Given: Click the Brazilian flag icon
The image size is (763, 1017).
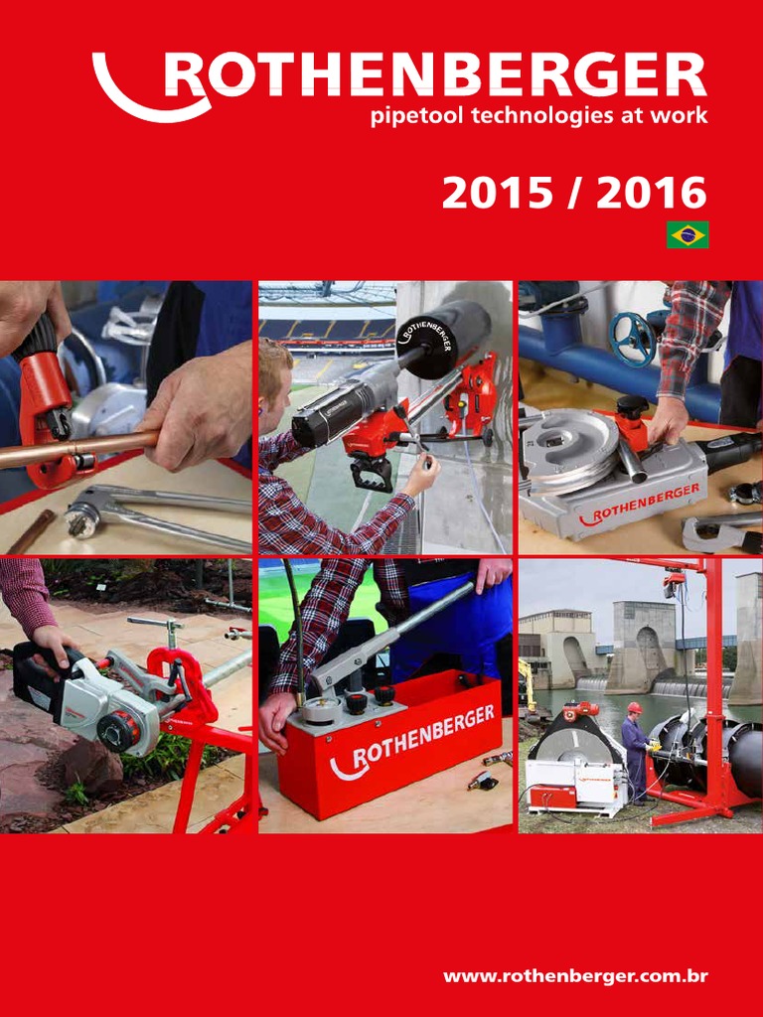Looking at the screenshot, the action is coord(687,234).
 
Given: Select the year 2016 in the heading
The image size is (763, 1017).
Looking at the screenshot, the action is coord(652,194).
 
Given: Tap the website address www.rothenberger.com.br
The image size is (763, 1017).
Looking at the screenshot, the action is coord(575,976).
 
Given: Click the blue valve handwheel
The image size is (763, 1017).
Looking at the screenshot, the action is coord(633,338).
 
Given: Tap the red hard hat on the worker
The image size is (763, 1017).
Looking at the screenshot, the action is coord(634,707).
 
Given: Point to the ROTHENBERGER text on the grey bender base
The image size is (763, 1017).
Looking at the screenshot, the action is coord(639,503).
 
